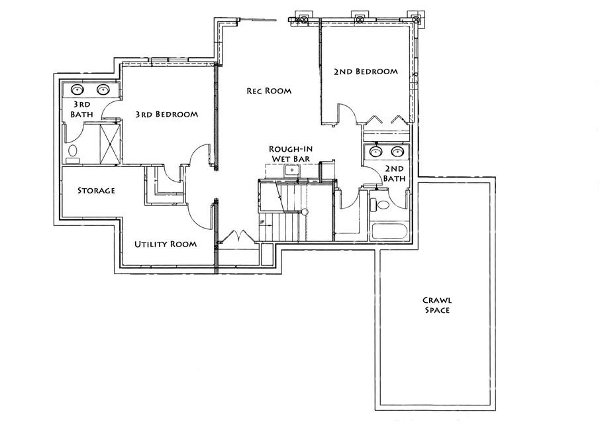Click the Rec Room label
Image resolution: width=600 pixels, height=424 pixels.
(x=269, y=91)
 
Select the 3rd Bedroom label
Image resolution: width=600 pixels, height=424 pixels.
(x=166, y=114)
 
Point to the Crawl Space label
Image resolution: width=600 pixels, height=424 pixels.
(x=436, y=305)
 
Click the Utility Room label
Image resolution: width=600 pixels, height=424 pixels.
(x=166, y=244)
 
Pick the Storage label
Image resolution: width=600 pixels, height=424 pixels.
(x=96, y=190)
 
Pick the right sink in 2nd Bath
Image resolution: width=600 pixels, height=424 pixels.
(x=397, y=151)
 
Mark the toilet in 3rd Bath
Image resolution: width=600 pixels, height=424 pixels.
(x=72, y=152)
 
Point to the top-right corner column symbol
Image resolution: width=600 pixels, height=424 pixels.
(x=415, y=19)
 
